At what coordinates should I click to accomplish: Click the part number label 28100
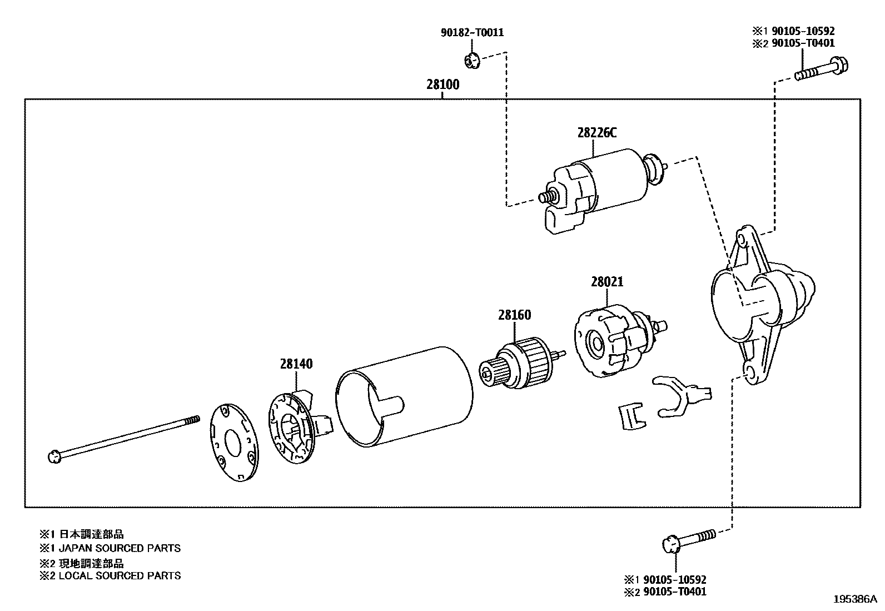tap(443, 85)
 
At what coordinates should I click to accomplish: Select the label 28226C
tap(596, 133)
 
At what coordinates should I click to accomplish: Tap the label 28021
tap(606, 282)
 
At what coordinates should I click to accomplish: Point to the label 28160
tap(514, 315)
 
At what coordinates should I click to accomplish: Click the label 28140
tap(296, 364)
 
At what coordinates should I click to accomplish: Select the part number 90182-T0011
tap(472, 33)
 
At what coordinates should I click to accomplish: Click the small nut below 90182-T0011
tap(471, 59)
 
